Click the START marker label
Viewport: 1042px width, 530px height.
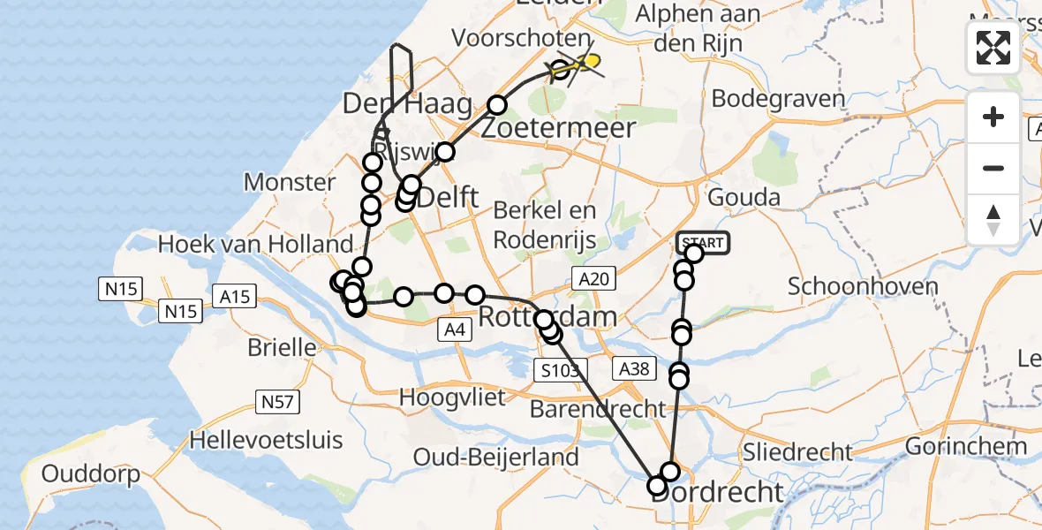tap(704, 243)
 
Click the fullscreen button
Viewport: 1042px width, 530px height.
tap(993, 47)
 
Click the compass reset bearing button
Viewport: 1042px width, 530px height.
tap(993, 220)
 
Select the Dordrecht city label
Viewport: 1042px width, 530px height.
tap(717, 491)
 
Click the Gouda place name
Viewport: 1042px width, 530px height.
tap(744, 197)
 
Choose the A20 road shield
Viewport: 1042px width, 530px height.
tap(591, 279)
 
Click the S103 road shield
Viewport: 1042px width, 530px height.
tap(559, 370)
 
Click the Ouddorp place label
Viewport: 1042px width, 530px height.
tap(91, 474)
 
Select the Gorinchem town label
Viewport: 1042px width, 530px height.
tap(966, 445)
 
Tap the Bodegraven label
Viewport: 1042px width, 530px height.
tap(777, 98)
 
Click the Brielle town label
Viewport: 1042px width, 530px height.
tap(282, 346)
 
